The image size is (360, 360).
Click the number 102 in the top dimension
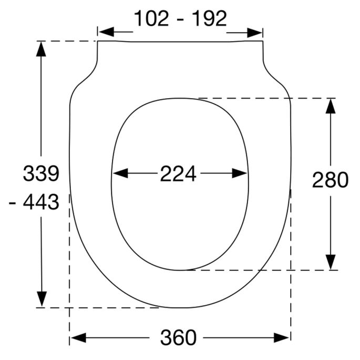[x=152, y=19]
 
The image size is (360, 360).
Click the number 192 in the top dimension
[x=209, y=19]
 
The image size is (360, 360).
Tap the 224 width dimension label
[x=178, y=173]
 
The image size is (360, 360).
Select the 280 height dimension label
[x=330, y=180]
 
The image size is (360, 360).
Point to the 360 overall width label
[x=178, y=337]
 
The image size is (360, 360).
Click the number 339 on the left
[x=41, y=173]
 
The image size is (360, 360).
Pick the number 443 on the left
[x=41, y=202]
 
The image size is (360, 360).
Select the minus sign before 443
[x=14, y=202]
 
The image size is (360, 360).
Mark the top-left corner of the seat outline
[x=98, y=42]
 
